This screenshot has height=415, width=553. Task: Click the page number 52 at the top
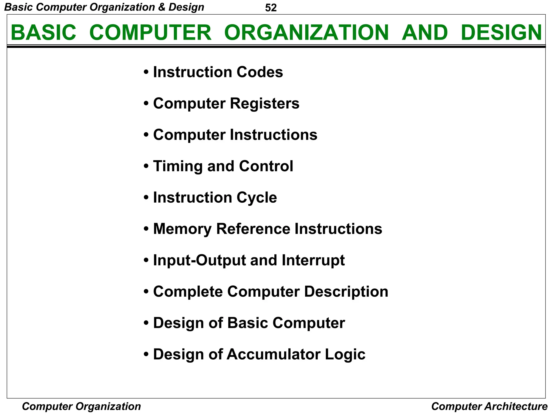click(271, 8)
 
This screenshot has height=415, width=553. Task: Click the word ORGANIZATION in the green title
click(306, 33)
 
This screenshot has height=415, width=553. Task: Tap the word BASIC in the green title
click(43, 33)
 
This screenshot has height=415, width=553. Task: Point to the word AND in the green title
click(425, 33)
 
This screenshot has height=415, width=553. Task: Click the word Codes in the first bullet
click(260, 72)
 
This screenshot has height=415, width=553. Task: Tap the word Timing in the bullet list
click(178, 166)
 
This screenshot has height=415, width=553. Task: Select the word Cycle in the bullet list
click(257, 198)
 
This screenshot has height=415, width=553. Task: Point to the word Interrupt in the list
click(313, 260)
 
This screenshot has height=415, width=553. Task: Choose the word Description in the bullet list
click(346, 292)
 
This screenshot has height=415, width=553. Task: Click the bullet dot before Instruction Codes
click(146, 72)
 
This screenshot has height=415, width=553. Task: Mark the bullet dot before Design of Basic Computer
click(146, 323)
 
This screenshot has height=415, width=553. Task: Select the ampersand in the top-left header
click(162, 7)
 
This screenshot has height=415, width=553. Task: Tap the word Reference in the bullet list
click(253, 229)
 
